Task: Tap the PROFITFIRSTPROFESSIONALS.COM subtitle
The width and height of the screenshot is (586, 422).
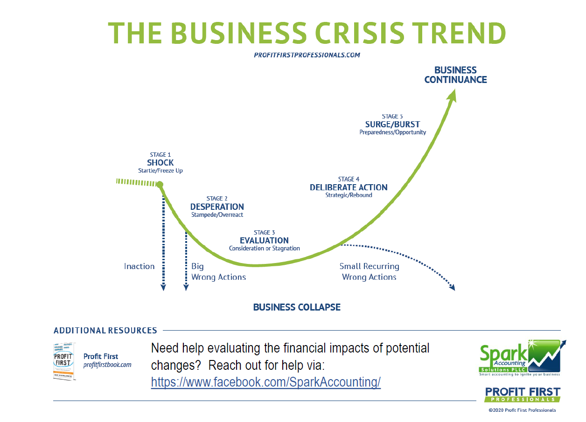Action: pos(307,55)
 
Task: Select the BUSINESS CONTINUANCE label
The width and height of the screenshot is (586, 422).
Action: pos(455,75)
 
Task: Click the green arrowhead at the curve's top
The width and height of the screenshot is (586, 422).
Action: pos(452,96)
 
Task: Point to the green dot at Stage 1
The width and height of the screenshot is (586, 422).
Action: pos(160,185)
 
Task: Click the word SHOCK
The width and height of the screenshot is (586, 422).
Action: pos(160,163)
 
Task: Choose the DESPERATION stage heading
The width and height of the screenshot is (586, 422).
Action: pos(217,207)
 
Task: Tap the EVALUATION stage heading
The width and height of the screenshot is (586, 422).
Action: pos(264,241)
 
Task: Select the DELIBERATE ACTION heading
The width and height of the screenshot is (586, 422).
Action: pos(349,187)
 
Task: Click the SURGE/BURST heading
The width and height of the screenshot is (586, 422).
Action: pos(392,124)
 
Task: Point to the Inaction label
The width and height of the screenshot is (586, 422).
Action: pos(139,266)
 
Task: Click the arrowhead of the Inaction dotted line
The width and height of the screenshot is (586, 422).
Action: pos(163,288)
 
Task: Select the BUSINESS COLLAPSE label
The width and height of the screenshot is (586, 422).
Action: pos(297,307)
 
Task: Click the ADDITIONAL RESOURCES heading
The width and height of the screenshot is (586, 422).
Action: pos(105,331)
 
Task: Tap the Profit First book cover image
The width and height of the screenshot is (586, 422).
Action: pos(64,361)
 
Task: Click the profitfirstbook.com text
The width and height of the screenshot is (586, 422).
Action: pos(107,365)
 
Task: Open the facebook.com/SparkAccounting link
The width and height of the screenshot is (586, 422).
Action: pos(266,382)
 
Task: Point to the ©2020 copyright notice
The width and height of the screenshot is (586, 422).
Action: pos(522,410)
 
